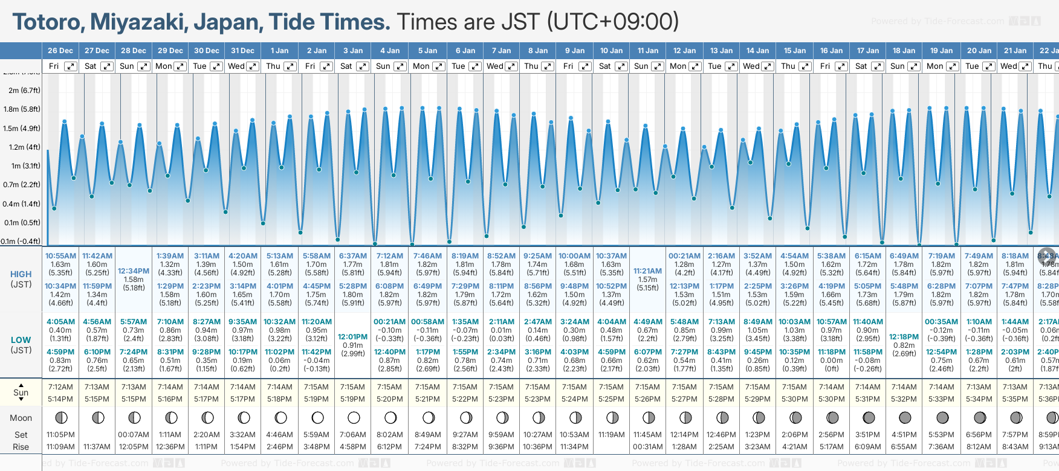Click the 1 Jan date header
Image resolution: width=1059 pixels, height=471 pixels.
coord(279,51)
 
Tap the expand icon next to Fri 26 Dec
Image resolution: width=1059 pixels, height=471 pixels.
coord(71,66)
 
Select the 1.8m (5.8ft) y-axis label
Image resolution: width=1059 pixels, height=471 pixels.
coord(22,109)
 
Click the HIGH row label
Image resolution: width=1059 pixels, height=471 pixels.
coord(21,274)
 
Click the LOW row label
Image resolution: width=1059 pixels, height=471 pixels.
coord(21,340)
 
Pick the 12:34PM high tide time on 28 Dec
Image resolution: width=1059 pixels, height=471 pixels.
coord(134,271)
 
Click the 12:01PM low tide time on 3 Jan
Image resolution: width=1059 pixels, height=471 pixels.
coord(353,337)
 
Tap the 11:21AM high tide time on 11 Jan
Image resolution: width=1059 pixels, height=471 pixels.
coord(647,271)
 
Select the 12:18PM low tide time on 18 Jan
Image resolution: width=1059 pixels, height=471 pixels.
coord(904,337)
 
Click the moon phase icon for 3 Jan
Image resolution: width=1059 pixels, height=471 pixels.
coord(354,417)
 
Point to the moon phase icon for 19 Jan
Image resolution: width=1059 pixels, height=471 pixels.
coord(942,417)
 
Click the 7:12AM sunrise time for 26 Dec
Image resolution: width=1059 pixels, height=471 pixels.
coord(60,387)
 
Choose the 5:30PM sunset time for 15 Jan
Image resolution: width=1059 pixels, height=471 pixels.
coord(795,399)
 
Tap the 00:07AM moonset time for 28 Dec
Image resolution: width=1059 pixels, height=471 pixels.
coord(134,435)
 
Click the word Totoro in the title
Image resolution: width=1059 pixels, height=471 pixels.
coord(48,22)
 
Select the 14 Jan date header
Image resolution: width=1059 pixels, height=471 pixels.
coord(757,51)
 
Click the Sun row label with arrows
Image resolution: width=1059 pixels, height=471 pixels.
coord(21,392)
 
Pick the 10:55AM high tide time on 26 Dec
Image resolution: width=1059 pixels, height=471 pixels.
coord(60,256)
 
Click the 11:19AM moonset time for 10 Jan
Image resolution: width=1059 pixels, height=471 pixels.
coord(611,435)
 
